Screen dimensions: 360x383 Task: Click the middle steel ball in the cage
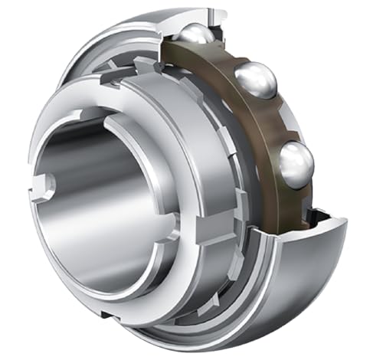pos(254,80)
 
